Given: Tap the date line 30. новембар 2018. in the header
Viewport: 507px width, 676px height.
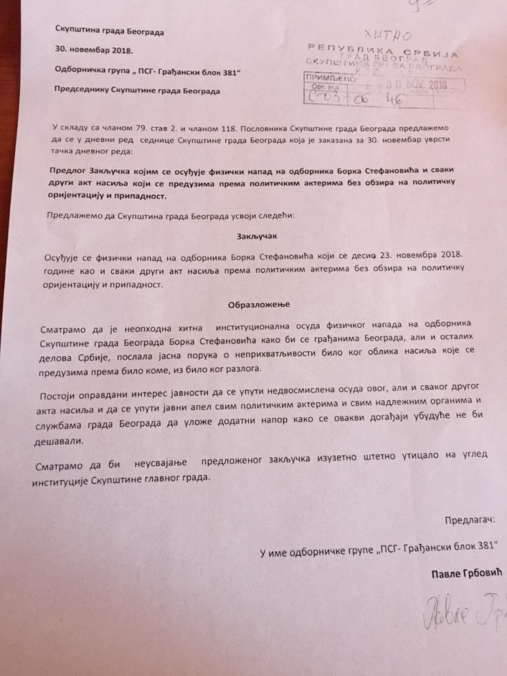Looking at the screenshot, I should pyautogui.click(x=95, y=50).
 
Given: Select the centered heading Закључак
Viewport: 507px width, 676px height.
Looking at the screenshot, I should pyautogui.click(x=254, y=235).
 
